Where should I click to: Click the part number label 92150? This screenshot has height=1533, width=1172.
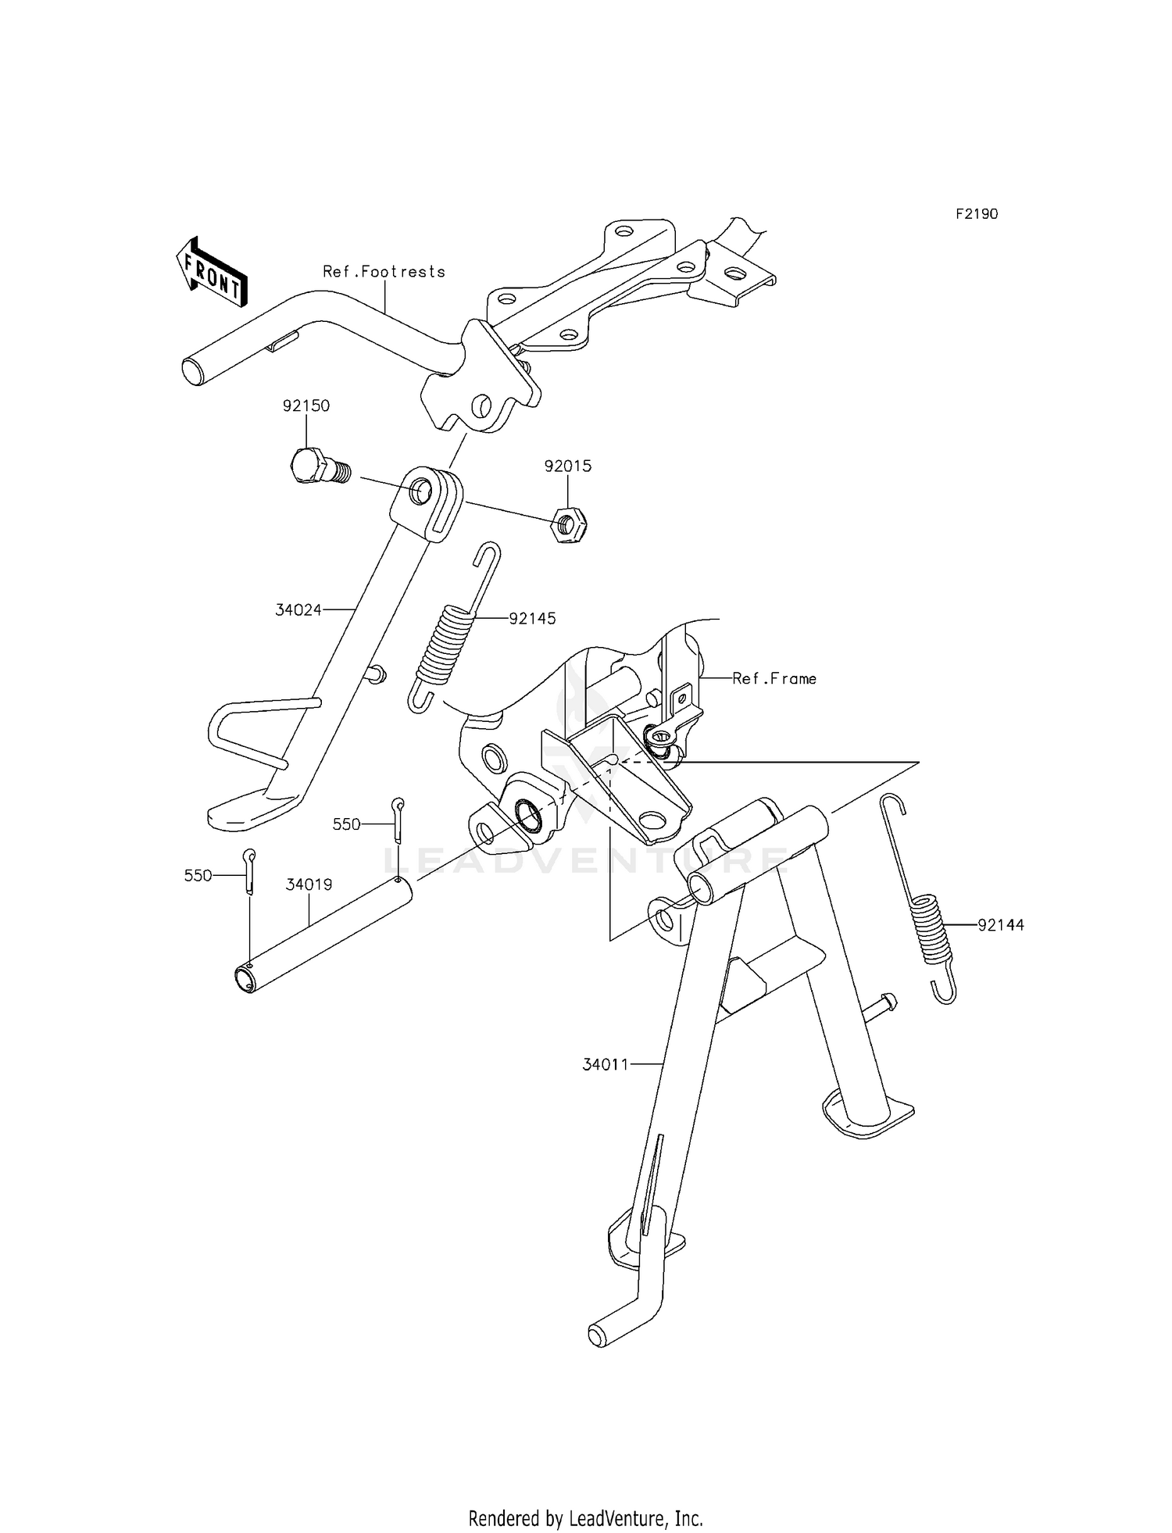pos(306,406)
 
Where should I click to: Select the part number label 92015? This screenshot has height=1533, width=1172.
pos(568,466)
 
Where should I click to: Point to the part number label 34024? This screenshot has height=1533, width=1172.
pos(298,609)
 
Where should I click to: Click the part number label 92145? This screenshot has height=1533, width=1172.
pos(532,618)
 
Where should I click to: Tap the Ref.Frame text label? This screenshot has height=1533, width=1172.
pos(774,678)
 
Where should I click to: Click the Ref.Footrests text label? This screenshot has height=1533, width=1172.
pos(384,271)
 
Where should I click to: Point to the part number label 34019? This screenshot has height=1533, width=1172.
pos(309,884)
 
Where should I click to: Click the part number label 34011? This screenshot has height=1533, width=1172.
pos(606,1063)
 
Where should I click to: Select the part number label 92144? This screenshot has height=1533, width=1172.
pos(1001,925)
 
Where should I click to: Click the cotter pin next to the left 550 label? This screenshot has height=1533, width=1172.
pos(248,870)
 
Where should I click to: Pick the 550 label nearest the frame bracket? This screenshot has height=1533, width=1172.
pos(346,824)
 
